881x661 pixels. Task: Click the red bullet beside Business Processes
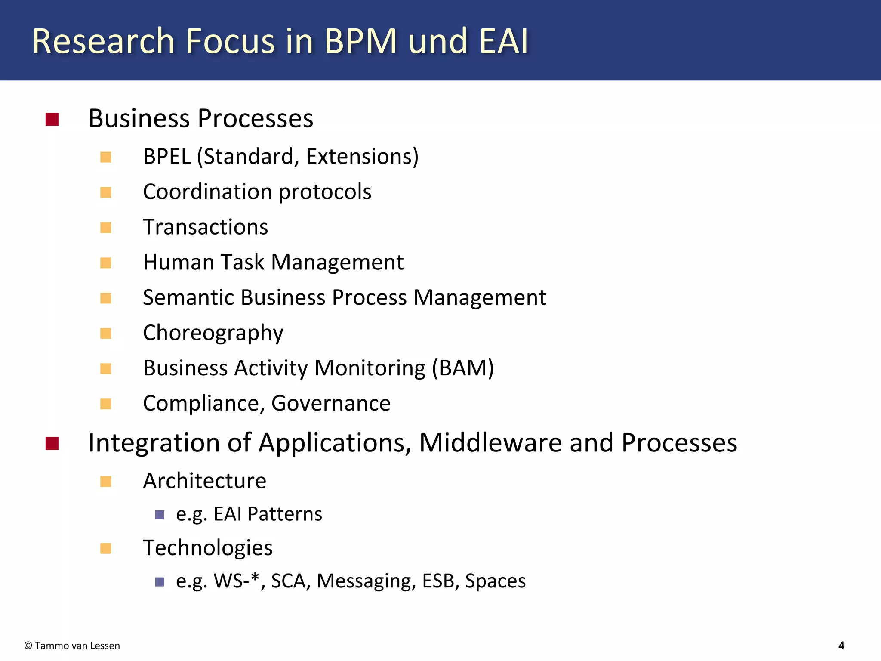tap(52, 119)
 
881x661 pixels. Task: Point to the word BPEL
tap(167, 156)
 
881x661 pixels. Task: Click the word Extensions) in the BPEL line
tap(362, 156)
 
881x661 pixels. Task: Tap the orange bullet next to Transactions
tap(106, 227)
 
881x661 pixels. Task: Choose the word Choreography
tap(213, 333)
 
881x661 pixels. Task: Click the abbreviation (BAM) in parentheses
tap(463, 368)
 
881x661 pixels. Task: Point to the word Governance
tap(331, 403)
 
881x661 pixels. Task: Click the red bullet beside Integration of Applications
tap(52, 443)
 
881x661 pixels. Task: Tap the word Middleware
tap(490, 443)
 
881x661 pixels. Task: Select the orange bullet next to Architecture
tap(106, 481)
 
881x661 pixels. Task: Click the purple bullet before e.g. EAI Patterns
tap(160, 515)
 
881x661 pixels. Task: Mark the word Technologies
tap(208, 548)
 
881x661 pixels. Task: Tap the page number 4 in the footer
tap(841, 646)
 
